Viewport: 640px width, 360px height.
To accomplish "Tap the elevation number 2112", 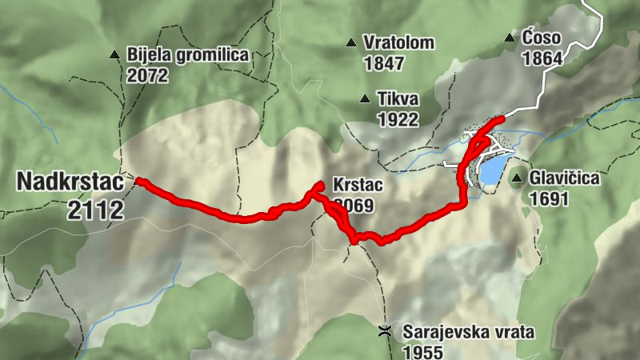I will (96, 210).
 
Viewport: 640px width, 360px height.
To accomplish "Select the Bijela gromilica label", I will (188, 56).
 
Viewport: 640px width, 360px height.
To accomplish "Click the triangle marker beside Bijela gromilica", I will (115, 56).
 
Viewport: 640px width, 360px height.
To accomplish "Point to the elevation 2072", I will (147, 76).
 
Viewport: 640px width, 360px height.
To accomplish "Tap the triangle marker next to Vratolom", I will (350, 42).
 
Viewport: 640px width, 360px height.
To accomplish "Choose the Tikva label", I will (399, 99).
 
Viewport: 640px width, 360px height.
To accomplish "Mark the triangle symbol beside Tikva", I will (365, 99).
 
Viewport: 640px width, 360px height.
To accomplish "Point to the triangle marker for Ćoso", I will (509, 38).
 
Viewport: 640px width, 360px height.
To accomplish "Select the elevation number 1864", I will (542, 58).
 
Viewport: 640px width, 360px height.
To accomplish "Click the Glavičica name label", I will (565, 178).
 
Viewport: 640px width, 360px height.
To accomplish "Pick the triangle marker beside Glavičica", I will (518, 178).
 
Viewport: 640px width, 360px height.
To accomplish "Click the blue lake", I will (491, 168).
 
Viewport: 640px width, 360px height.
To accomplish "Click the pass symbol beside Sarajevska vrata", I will (386, 331).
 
